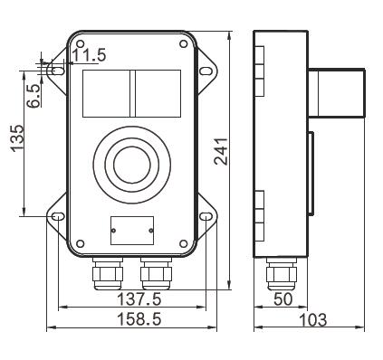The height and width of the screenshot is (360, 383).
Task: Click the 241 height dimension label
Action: click(221, 151)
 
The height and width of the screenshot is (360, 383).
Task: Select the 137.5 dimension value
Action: click(139, 299)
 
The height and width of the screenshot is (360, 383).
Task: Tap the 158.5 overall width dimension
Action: click(139, 319)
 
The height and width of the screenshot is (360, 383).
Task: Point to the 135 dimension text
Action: click(17, 138)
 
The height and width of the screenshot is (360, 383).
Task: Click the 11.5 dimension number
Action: click(90, 55)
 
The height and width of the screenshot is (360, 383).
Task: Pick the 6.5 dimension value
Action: click(34, 96)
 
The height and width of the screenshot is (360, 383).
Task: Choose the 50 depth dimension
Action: click(283, 299)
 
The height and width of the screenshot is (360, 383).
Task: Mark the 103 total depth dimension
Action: click(313, 319)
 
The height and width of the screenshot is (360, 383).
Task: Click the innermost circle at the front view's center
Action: click(132, 165)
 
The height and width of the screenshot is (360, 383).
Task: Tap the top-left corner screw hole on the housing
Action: click(80, 43)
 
